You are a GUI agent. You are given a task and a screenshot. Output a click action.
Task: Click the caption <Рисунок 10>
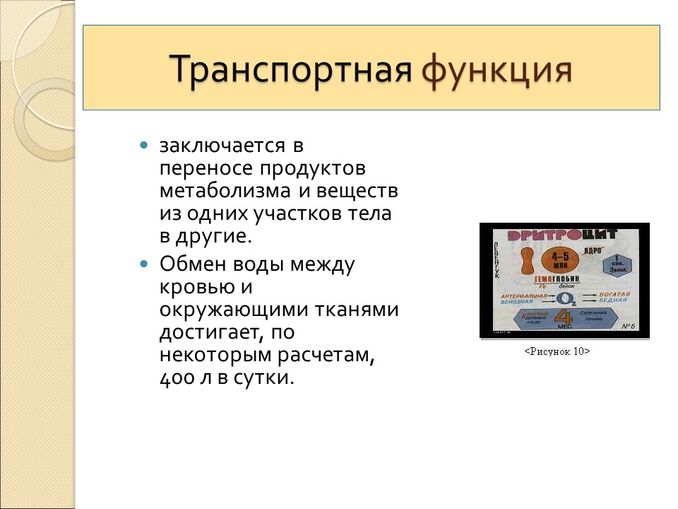point(557,351)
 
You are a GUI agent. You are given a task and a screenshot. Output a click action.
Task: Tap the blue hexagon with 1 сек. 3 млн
point(617,264)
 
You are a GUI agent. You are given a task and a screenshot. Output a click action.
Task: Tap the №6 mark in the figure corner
point(629,326)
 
